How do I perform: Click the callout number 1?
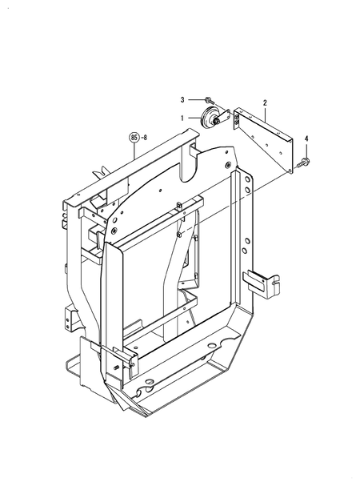tap(182, 118)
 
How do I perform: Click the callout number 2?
tap(265, 102)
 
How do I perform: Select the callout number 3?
tap(182, 99)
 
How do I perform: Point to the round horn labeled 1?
tap(213, 118)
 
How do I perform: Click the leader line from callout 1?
tap(194, 118)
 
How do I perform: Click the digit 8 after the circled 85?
tap(146, 137)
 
